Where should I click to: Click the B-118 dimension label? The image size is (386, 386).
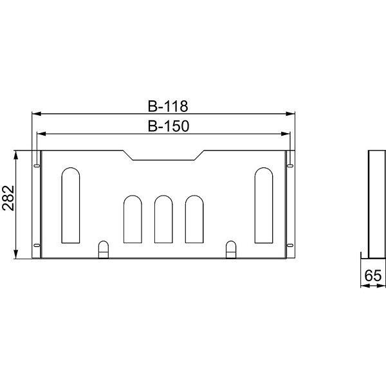[168, 106]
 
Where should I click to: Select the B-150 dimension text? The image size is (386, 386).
[169, 126]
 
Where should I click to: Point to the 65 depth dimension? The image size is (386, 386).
[373, 275]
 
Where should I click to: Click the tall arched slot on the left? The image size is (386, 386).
[71, 205]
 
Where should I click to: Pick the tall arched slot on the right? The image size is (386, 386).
[264, 205]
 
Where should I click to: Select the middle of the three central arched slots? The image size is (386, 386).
[163, 219]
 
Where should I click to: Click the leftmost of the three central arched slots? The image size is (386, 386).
[133, 219]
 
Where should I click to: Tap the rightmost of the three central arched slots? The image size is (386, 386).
[194, 219]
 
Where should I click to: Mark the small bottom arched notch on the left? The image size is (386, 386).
[104, 250]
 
